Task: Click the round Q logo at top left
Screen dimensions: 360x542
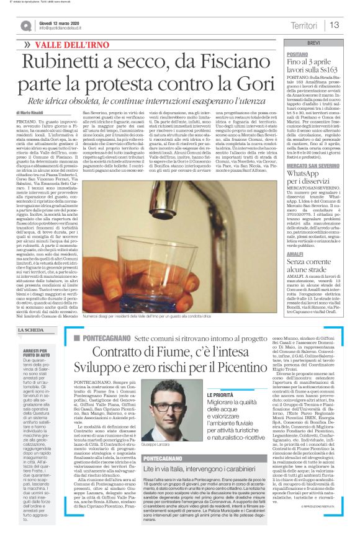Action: click(25, 25)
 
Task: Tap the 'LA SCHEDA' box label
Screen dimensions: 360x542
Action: click(30, 330)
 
